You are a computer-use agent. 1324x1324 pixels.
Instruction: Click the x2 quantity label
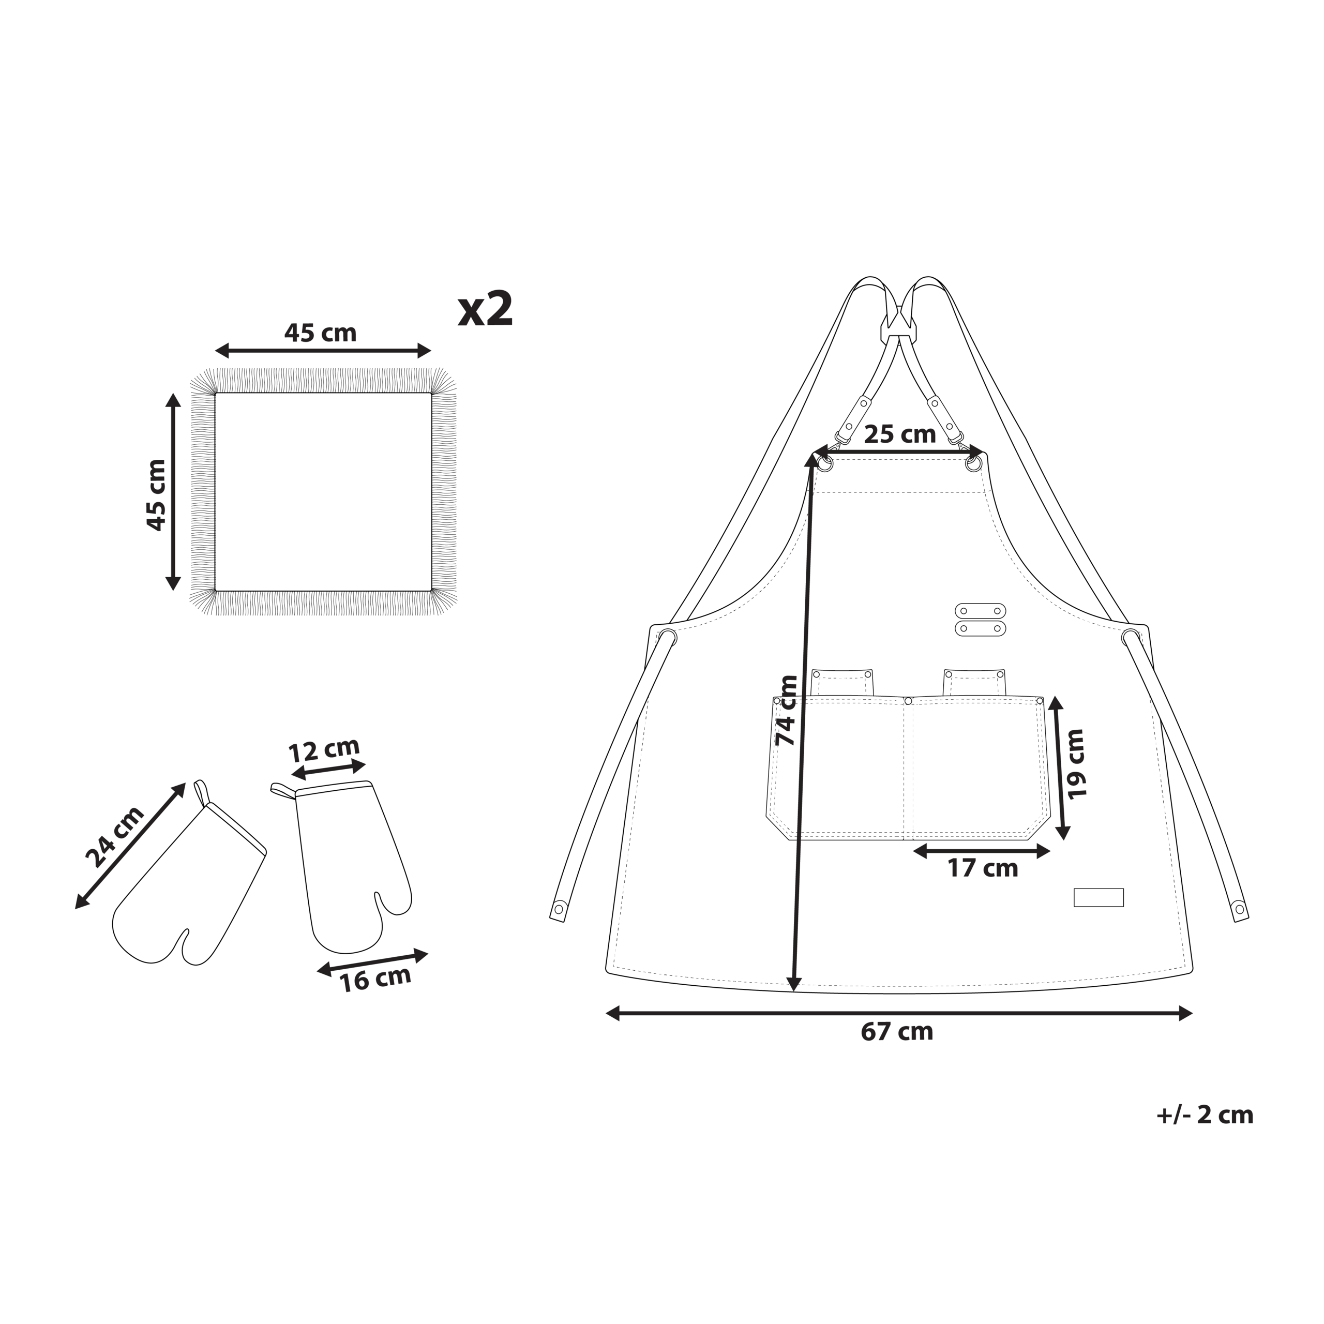[x=485, y=309]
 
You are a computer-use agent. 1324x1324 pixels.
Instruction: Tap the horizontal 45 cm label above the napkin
[x=320, y=333]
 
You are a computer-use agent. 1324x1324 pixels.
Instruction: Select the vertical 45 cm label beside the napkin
[x=156, y=495]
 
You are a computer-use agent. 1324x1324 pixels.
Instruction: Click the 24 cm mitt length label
[x=115, y=837]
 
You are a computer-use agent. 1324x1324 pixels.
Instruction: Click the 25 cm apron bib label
[x=900, y=434]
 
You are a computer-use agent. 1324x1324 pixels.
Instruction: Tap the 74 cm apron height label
[x=786, y=711]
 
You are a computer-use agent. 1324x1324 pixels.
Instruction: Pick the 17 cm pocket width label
[x=983, y=869]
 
